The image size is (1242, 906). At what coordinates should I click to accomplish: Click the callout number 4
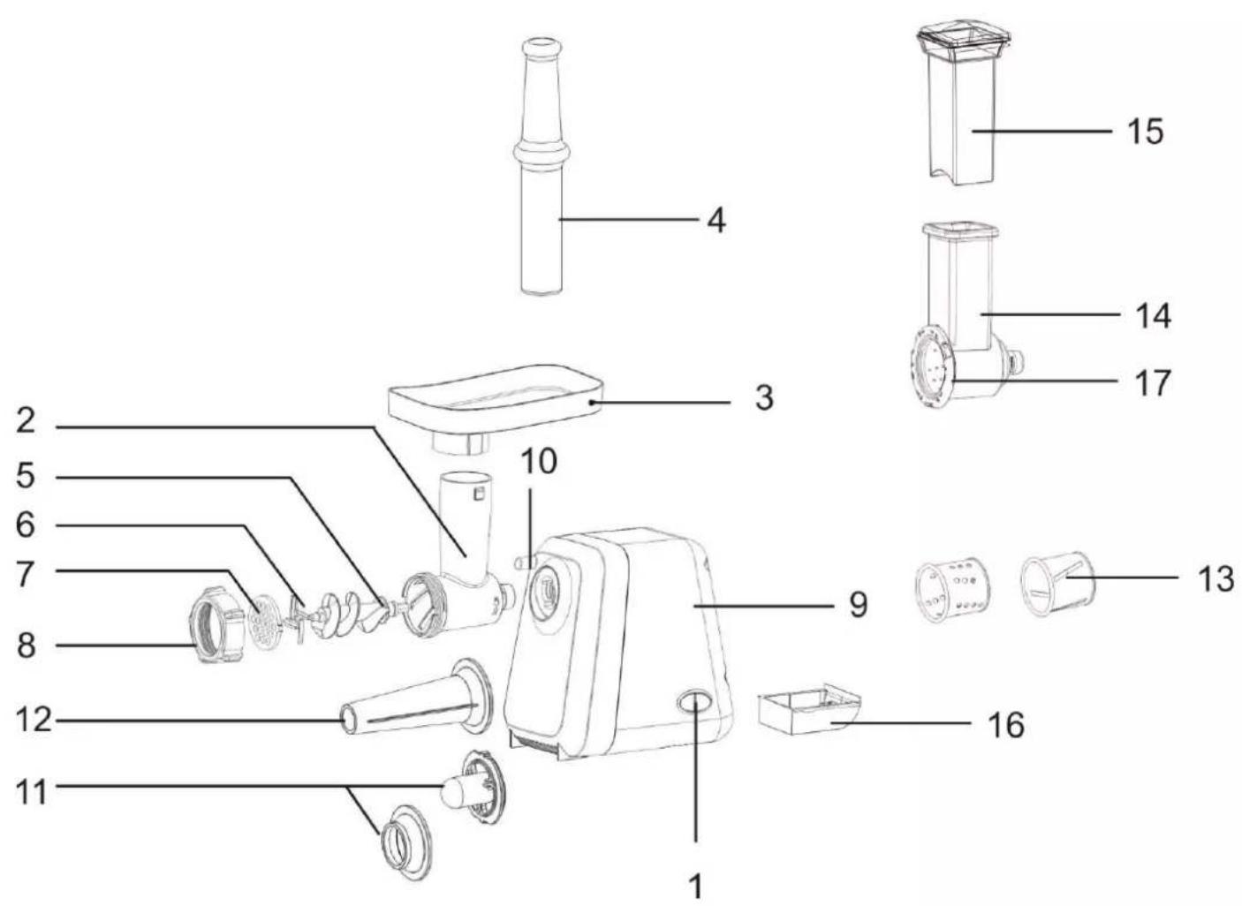pos(716,222)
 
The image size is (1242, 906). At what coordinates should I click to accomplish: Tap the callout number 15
pos(1146,132)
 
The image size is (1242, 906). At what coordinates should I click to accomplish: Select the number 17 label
pos(1153,382)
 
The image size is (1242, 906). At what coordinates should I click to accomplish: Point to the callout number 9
pos(858,605)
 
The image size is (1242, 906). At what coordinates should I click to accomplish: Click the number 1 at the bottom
pos(695,886)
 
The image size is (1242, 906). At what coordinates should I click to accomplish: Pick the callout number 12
pos(34,721)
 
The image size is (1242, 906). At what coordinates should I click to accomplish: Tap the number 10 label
pos(538,461)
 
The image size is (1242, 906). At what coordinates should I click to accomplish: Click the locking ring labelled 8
pos(218,631)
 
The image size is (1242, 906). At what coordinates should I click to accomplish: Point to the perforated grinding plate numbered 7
pos(266,623)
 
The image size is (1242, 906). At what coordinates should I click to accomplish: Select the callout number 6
pos(25,525)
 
